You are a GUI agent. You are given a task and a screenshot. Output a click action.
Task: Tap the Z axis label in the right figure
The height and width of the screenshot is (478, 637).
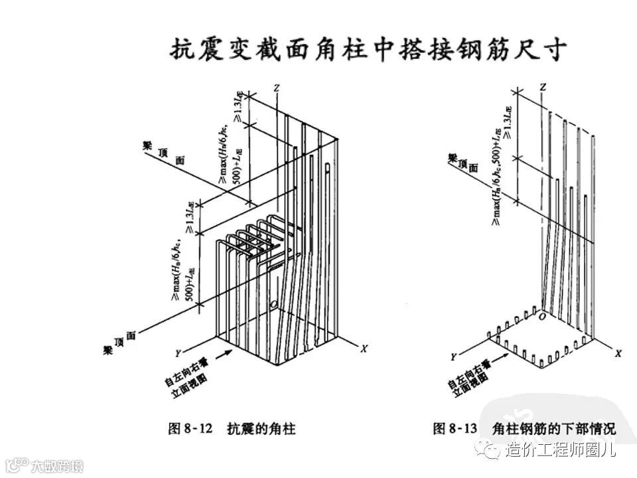(543, 87)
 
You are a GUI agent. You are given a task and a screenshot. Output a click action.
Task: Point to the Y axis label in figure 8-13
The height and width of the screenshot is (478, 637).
(453, 357)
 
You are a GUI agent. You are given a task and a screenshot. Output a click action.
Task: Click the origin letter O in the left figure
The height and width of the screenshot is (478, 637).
(273, 305)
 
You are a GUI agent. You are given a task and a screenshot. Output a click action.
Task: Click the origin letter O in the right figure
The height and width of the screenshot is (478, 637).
(542, 317)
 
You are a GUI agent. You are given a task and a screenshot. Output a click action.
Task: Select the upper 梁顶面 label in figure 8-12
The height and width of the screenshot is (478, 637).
(161, 151)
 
